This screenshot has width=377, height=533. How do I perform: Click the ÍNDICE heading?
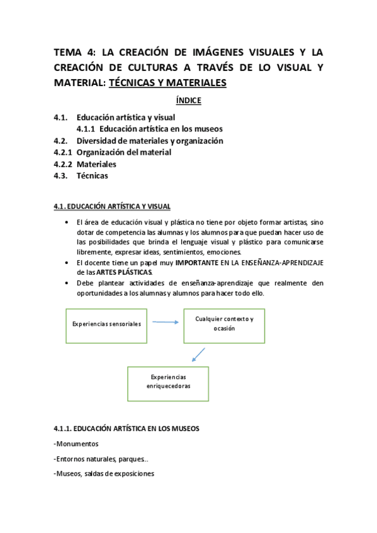(188, 100)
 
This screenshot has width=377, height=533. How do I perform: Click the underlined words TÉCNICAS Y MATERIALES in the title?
(167, 83)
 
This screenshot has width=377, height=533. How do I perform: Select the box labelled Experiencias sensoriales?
(106, 324)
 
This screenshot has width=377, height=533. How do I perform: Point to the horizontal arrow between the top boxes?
(164, 323)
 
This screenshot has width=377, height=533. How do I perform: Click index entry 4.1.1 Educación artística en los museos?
(149, 129)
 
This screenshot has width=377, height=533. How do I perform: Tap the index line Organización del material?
(123, 152)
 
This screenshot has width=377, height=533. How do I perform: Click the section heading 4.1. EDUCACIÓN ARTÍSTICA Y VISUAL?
(111, 206)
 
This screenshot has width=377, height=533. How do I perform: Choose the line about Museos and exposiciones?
(104, 474)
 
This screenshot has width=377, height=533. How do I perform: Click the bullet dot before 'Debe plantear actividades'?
(67, 283)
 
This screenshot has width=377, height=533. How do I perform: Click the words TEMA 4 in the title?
(72, 53)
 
